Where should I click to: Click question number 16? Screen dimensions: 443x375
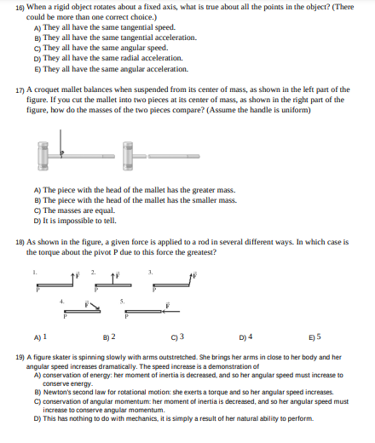tap(20, 7)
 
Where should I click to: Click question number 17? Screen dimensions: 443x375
tap(20, 89)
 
